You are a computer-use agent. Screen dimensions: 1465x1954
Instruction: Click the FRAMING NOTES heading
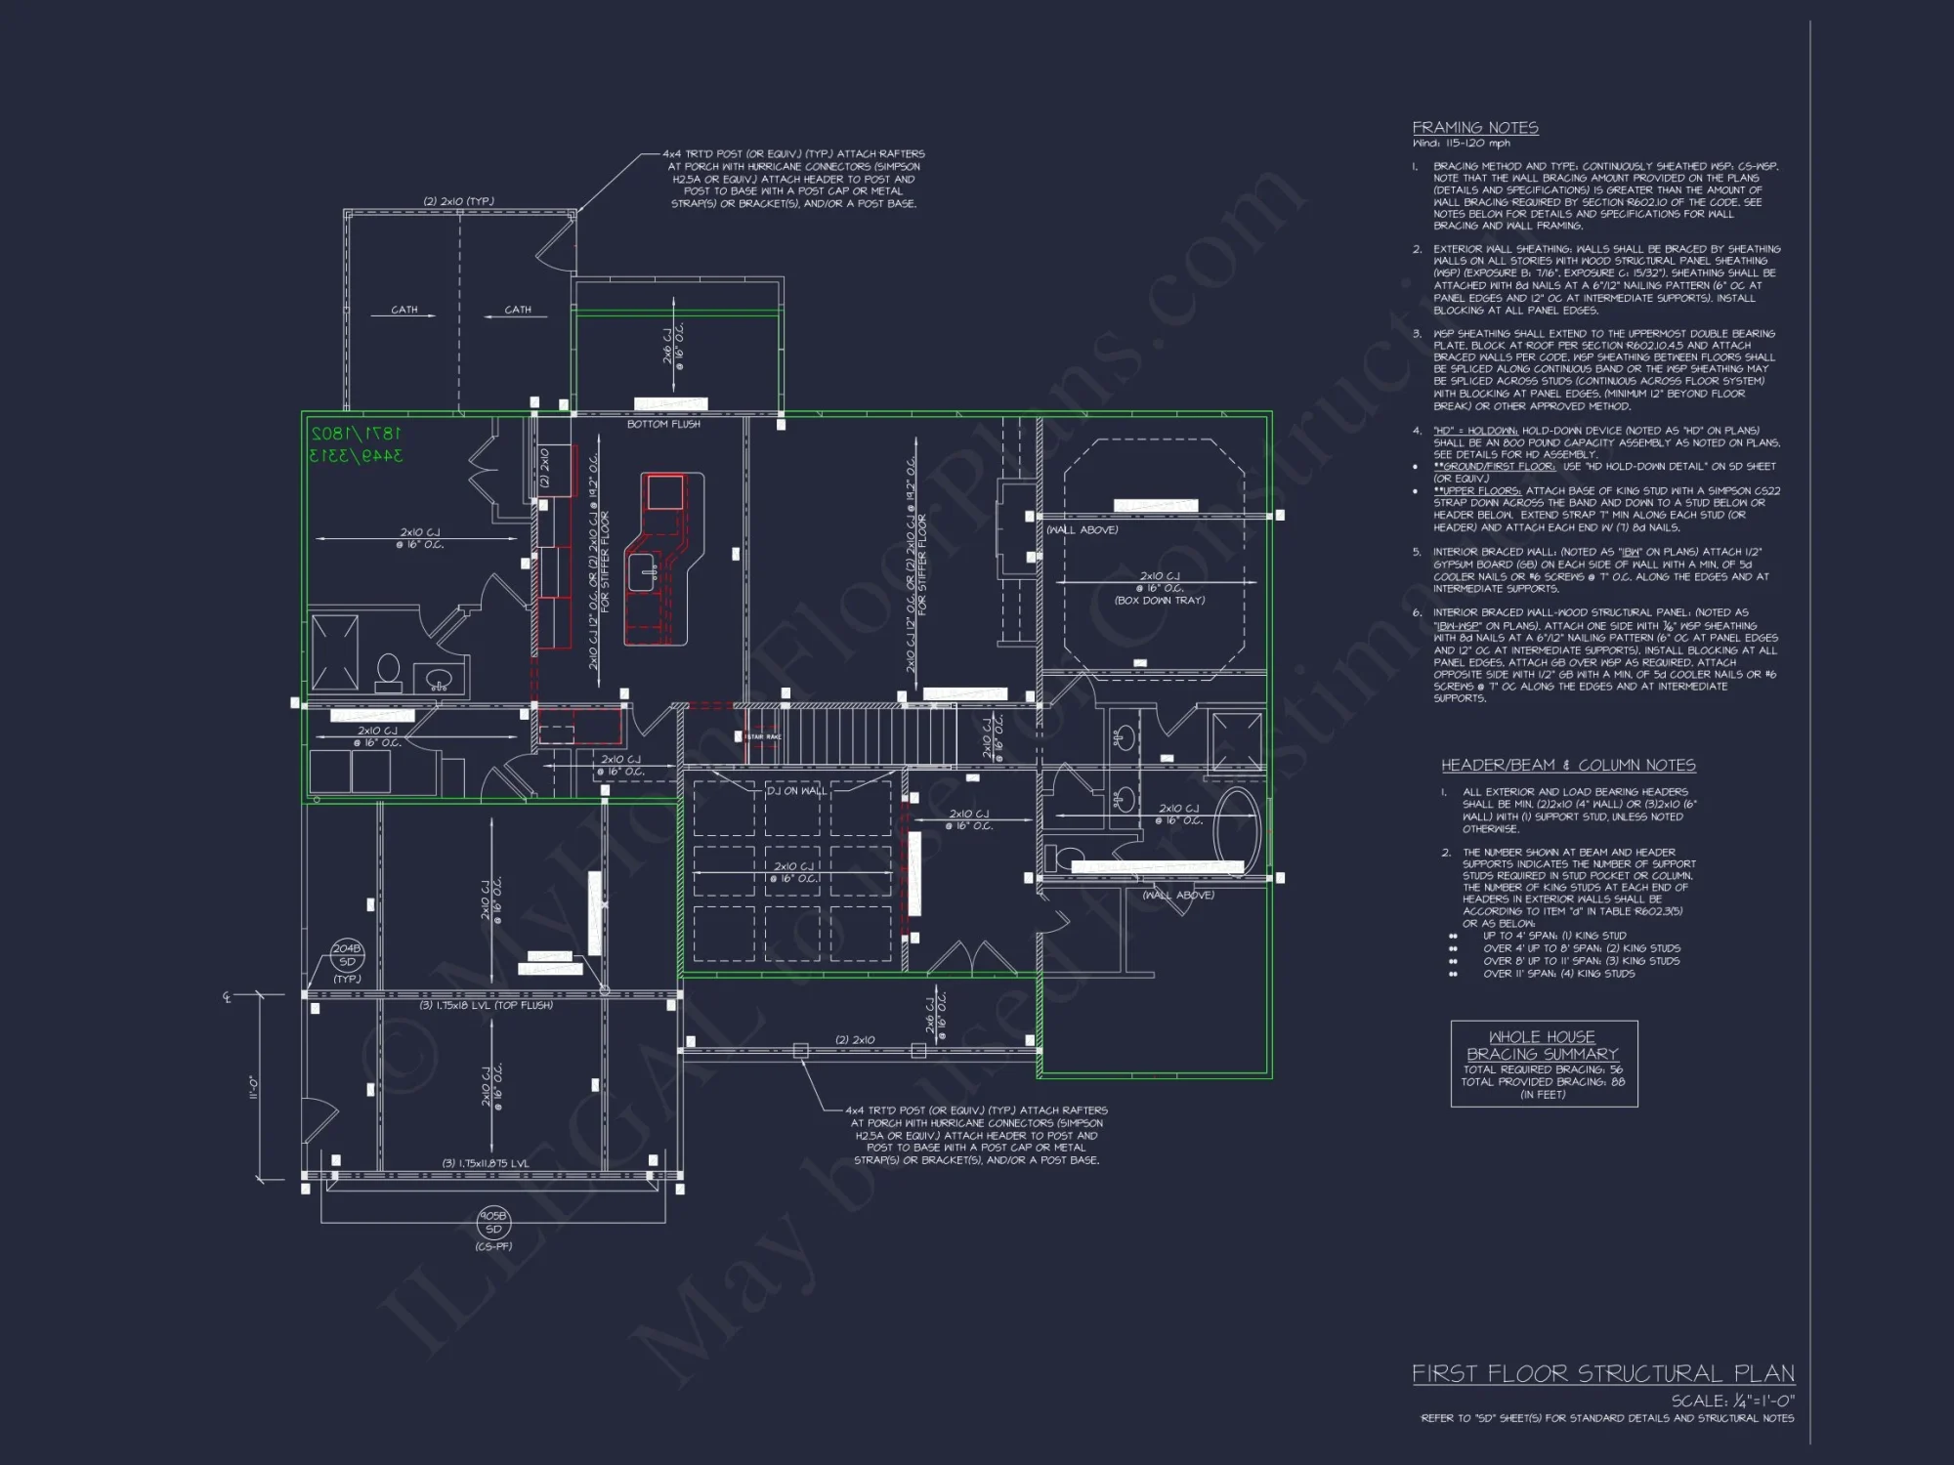(x=1475, y=128)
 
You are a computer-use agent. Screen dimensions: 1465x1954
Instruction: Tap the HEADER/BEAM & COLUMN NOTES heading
(x=1568, y=766)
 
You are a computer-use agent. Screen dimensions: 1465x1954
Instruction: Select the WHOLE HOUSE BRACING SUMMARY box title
(x=1543, y=1045)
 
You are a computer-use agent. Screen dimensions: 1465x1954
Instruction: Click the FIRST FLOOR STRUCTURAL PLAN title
(x=1603, y=1374)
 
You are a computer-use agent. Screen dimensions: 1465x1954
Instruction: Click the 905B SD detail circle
(x=493, y=1223)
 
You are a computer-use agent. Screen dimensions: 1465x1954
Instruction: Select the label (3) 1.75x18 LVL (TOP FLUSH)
(x=486, y=1005)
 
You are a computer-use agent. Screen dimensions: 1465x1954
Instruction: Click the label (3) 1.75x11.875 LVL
(x=486, y=1163)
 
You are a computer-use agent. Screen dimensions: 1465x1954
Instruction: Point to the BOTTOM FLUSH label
(x=663, y=424)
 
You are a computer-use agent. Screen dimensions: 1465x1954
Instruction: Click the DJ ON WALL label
(x=796, y=791)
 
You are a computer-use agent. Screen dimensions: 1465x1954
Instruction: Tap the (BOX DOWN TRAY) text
(x=1160, y=601)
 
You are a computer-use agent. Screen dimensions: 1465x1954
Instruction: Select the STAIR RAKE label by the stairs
(x=763, y=736)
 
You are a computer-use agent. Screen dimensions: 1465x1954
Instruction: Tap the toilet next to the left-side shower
(x=389, y=671)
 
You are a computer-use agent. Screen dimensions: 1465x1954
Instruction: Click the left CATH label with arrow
(x=404, y=310)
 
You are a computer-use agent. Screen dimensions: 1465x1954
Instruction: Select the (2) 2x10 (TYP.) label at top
(x=458, y=201)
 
